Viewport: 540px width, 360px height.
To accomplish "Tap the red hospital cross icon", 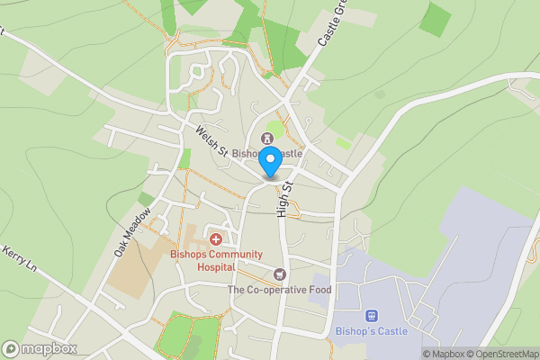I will click(x=216, y=239).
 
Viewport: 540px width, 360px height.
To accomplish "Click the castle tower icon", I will click(x=266, y=138).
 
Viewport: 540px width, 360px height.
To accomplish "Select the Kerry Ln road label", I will click(x=19, y=261).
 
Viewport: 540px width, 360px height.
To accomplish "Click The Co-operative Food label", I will click(x=279, y=290).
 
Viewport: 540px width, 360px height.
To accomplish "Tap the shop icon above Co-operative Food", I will click(x=279, y=274).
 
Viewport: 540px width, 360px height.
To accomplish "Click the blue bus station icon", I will click(x=370, y=316).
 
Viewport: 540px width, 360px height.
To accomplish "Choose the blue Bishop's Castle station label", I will click(x=370, y=331).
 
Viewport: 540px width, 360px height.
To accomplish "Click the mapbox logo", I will click(x=40, y=348).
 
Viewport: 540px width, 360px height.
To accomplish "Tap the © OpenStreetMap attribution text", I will click(x=503, y=354).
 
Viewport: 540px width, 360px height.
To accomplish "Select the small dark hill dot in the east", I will click(x=380, y=94).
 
